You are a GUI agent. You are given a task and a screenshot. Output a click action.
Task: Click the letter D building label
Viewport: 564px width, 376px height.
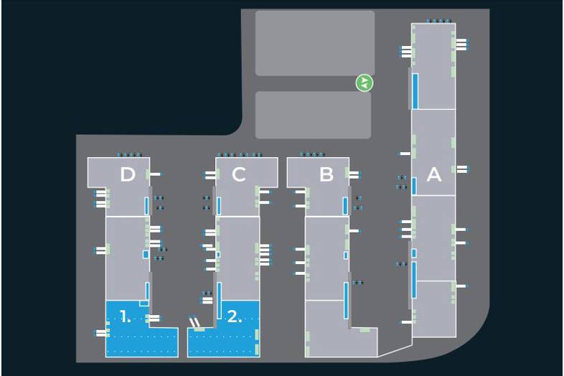coord(128,174)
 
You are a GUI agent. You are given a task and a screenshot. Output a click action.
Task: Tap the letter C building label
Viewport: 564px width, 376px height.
coord(239,174)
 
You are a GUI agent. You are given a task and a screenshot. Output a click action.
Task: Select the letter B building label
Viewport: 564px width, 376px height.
coord(326,174)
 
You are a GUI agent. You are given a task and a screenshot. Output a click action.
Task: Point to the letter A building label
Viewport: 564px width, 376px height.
coord(433,174)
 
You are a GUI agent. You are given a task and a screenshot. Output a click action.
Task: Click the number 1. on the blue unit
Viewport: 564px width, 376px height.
coord(126,316)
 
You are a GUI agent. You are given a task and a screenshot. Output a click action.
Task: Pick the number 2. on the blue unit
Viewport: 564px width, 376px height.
coord(235,316)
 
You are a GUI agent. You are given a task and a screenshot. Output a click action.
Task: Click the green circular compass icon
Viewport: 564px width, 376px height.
coord(365,83)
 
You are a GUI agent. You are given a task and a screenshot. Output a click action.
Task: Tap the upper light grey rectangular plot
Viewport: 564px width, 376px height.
coord(314,42)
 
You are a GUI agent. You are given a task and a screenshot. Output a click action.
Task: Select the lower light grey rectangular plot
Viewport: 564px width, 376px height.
coord(313,115)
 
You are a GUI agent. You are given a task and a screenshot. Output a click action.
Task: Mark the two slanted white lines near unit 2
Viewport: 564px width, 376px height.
coord(194,321)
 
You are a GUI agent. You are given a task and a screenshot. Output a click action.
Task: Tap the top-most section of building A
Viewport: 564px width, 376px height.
coord(433,66)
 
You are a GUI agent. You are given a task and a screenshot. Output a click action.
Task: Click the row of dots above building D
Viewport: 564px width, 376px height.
coord(130,154)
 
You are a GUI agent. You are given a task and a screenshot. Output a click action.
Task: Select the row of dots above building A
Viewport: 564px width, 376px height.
coord(439,20)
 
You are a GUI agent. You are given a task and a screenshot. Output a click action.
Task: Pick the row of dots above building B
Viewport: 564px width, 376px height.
coord(312,154)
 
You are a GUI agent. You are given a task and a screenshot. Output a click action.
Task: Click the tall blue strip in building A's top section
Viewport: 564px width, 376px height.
coord(415,90)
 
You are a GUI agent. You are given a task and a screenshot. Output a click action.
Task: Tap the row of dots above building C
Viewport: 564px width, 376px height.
coord(240,154)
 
